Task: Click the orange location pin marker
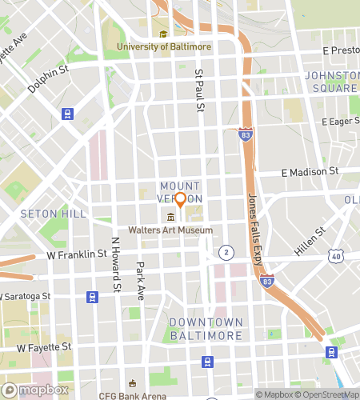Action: coord(180,200)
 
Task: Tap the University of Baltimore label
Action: coord(164,46)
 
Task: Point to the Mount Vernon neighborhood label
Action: coord(180,191)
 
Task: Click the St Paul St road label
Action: coord(201,90)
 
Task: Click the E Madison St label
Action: coord(310,172)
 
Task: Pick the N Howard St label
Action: coord(115,265)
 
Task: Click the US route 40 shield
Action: coord(335,255)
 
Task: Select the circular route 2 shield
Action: coord(226,252)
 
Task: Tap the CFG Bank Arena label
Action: coord(132,395)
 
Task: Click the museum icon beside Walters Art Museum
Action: coord(170,218)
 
